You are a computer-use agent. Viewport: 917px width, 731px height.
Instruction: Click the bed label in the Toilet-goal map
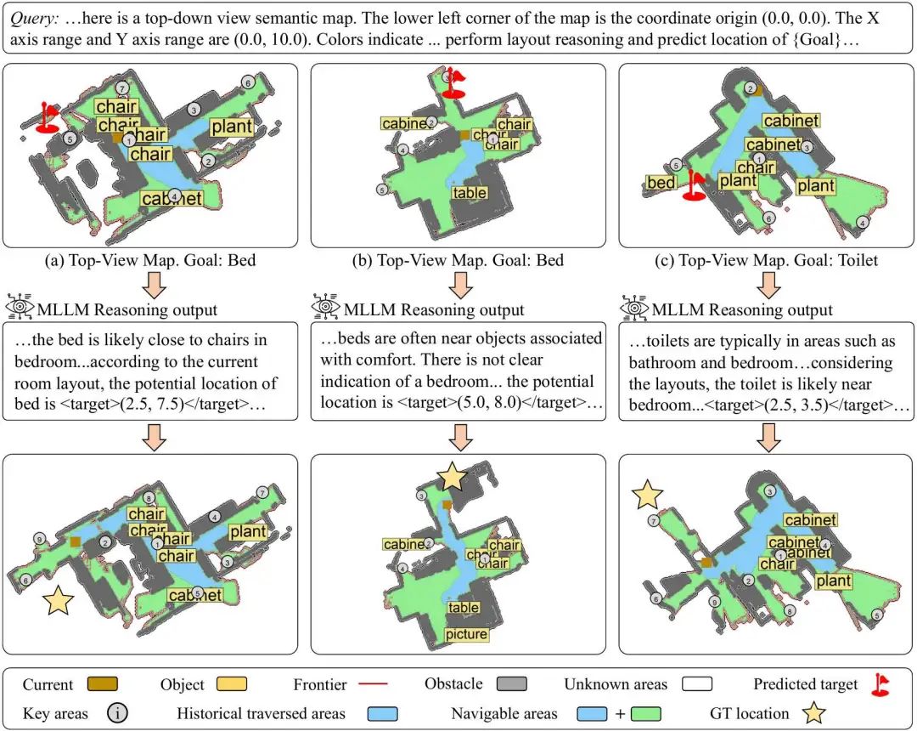(x=661, y=183)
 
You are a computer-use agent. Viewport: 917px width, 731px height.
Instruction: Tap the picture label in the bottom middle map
(x=466, y=634)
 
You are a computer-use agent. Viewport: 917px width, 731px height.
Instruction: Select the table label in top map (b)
(x=470, y=193)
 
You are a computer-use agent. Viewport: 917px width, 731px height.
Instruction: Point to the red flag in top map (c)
(x=695, y=184)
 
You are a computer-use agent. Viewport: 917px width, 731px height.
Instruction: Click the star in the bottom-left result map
(x=59, y=600)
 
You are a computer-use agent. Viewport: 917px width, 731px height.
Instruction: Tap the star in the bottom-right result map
(x=647, y=493)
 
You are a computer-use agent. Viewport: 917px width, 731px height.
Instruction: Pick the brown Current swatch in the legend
(x=101, y=684)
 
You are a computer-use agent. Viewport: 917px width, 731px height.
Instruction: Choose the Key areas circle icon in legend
(x=117, y=713)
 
